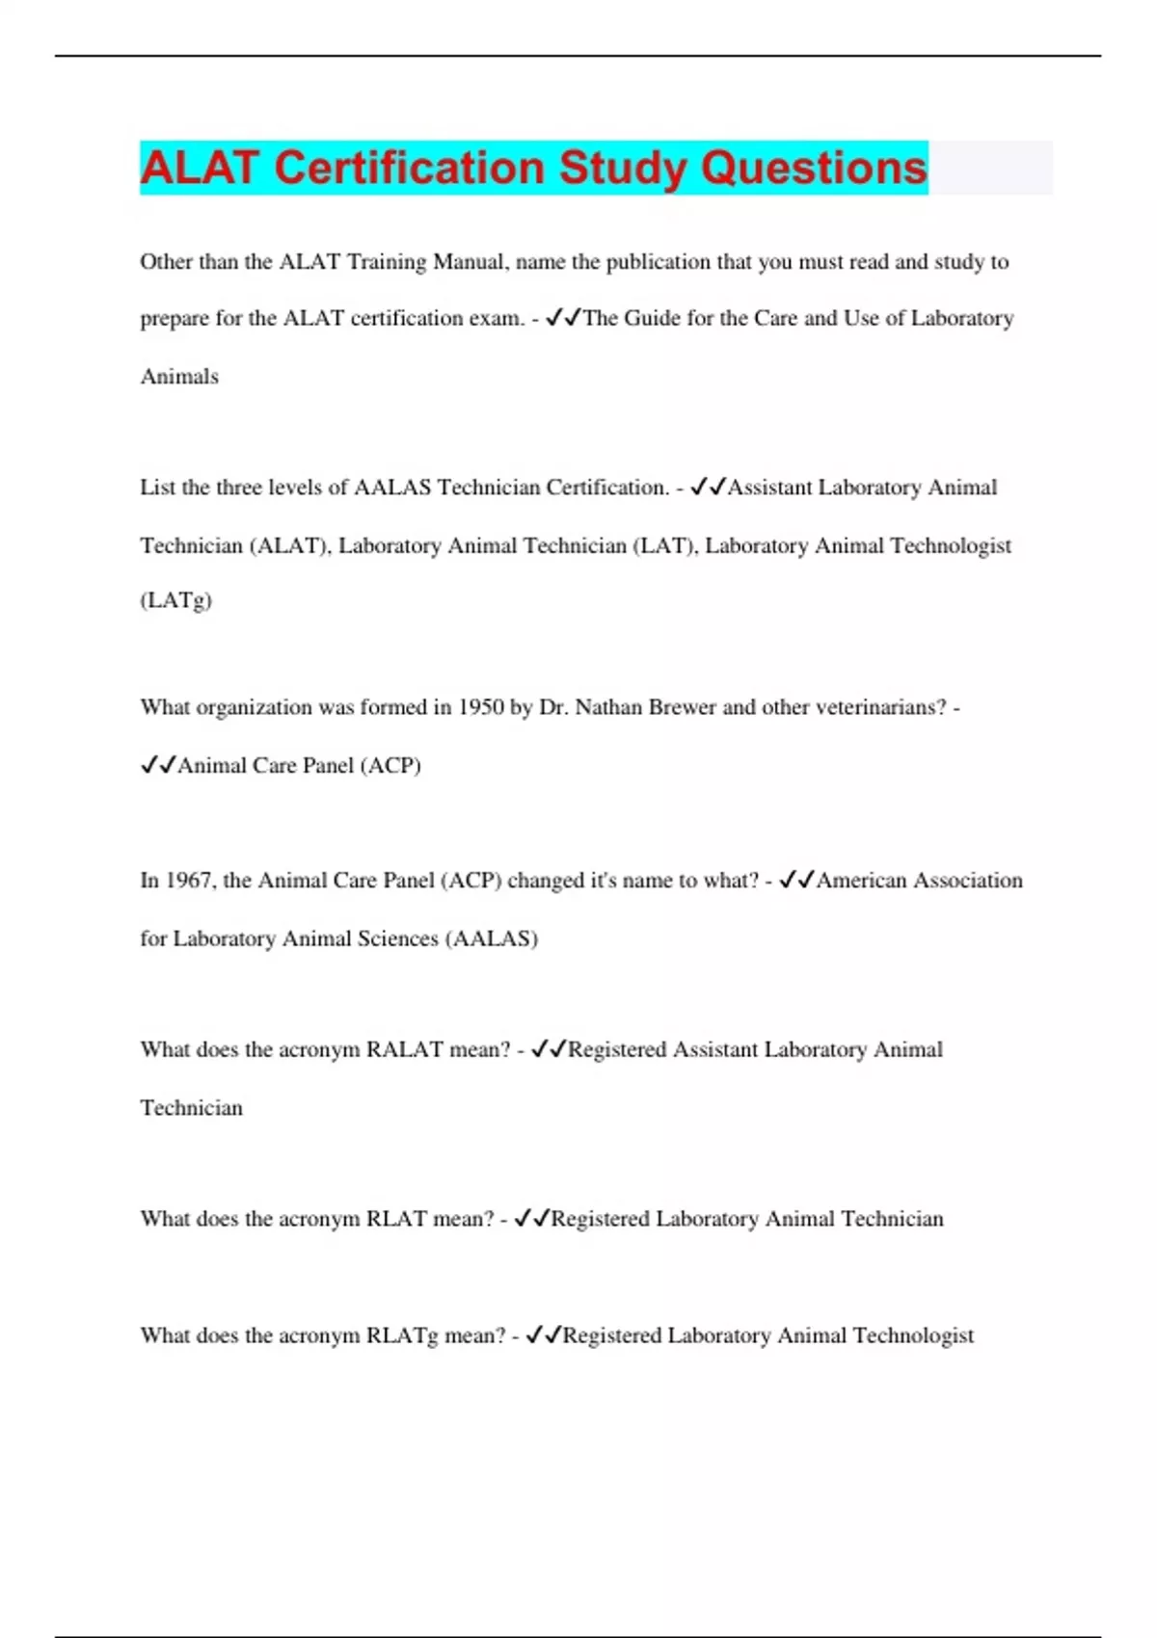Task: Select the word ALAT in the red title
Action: point(201,168)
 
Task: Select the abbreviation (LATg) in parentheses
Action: point(175,600)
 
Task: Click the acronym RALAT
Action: point(404,1049)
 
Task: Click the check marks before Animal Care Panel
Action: point(158,765)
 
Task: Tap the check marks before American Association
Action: point(796,881)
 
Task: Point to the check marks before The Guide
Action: point(563,318)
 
